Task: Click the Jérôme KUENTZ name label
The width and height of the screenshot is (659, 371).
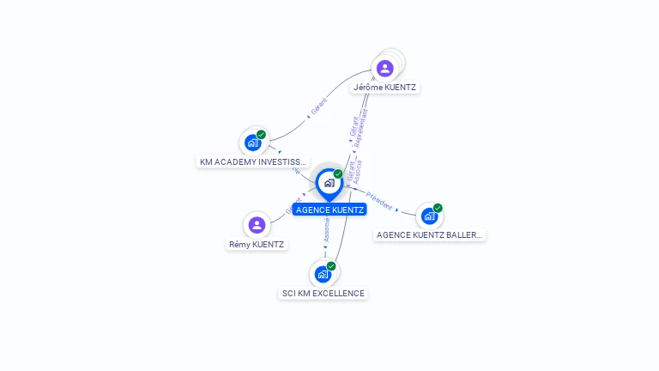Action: click(385, 87)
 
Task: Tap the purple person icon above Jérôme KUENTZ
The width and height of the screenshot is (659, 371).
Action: click(384, 68)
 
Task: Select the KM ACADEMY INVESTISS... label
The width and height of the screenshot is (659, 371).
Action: click(252, 161)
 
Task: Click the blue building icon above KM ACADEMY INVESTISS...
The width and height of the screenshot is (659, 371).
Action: click(252, 143)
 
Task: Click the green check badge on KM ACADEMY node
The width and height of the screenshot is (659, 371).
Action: click(261, 135)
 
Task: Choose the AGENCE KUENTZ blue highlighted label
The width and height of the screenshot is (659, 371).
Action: click(329, 210)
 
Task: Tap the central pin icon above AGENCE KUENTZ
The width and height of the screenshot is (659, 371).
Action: click(329, 183)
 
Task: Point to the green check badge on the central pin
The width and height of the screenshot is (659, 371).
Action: click(338, 174)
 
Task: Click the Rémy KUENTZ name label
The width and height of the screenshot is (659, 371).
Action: click(257, 244)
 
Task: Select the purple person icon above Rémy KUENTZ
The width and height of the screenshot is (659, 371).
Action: click(256, 225)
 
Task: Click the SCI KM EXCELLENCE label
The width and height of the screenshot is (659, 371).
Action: click(323, 293)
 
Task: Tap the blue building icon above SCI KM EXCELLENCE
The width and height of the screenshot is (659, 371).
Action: click(323, 274)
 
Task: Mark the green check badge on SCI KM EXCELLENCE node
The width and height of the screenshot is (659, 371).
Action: click(331, 266)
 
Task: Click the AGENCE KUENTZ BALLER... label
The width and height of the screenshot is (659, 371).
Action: click(429, 234)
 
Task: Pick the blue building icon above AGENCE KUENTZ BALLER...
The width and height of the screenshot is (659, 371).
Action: click(429, 216)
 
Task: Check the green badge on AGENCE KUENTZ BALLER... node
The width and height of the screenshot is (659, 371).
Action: click(438, 208)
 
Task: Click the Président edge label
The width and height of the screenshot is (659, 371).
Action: click(378, 201)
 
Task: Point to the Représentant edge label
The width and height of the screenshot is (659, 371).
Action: click(362, 125)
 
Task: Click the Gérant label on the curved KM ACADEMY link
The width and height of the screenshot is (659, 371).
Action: click(319, 108)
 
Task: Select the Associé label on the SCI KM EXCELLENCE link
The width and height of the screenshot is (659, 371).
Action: click(327, 228)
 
